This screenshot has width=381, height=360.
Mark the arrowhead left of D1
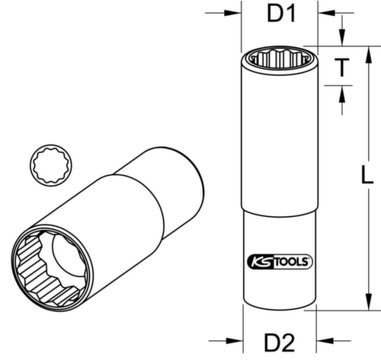coord(233,13)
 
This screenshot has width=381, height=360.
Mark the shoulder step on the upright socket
coord(278,212)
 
